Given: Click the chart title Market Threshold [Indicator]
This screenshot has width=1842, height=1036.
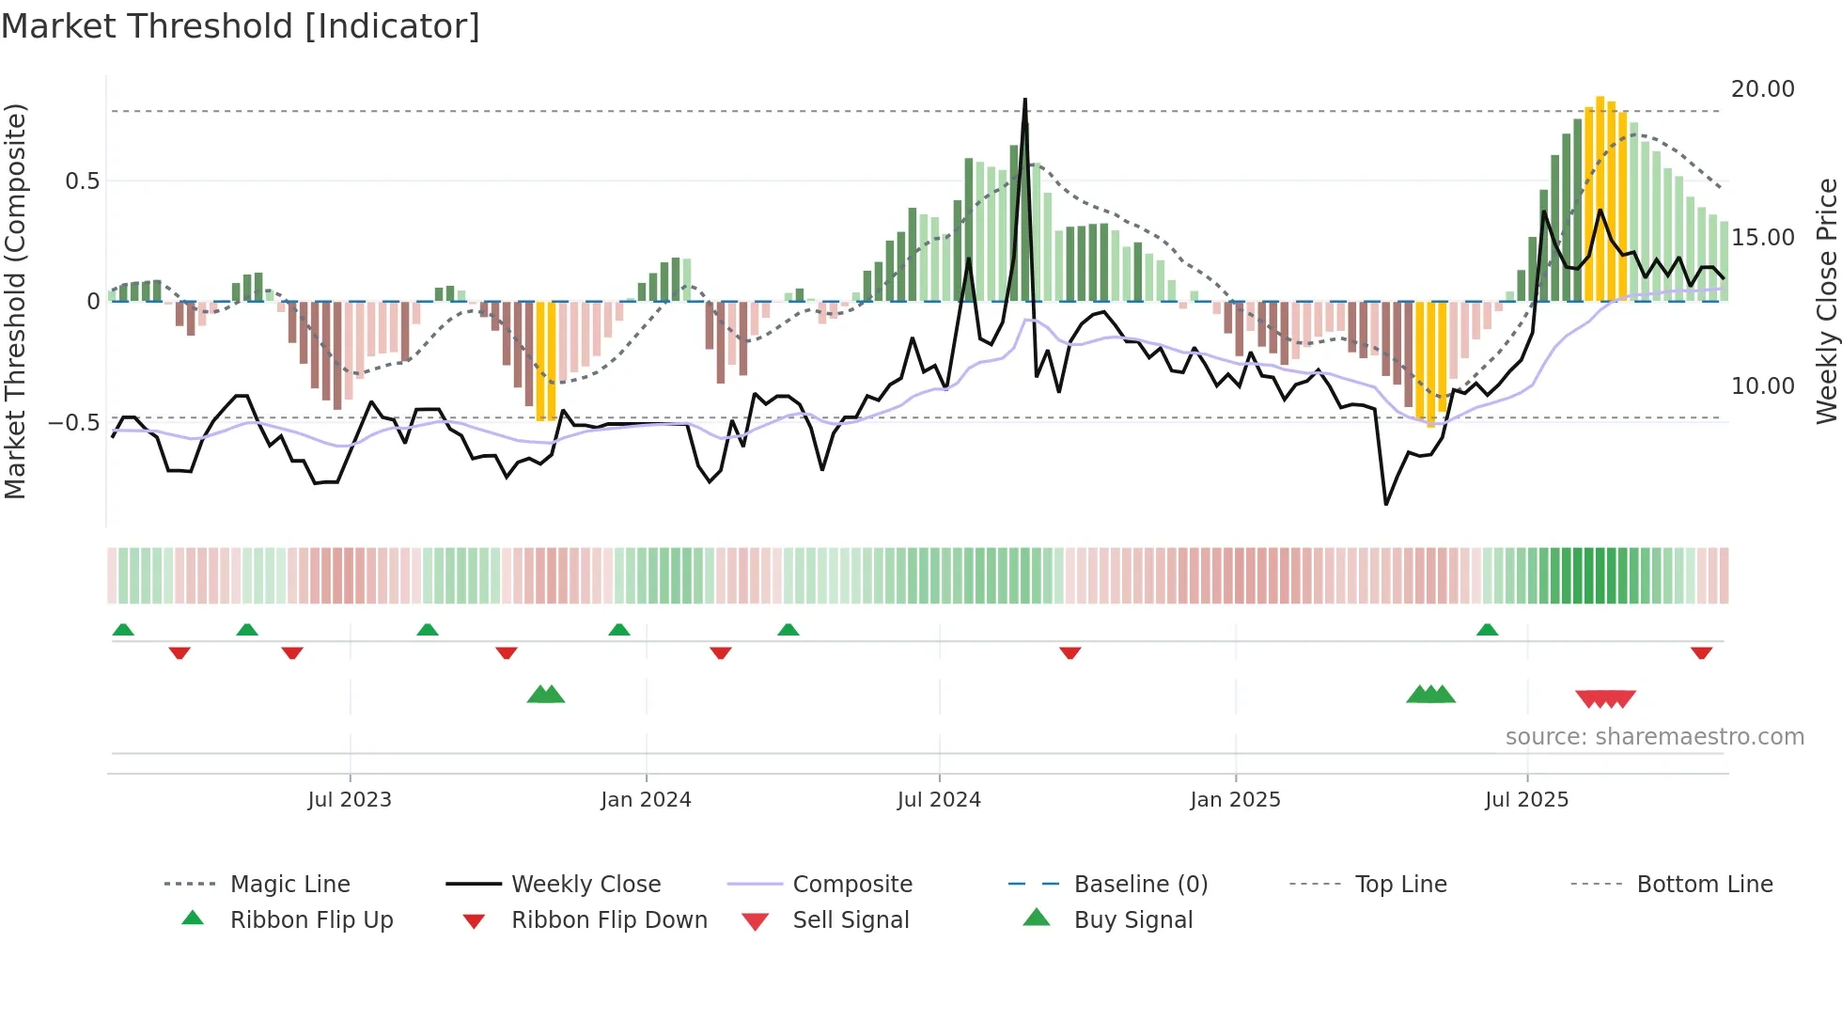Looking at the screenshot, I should (241, 26).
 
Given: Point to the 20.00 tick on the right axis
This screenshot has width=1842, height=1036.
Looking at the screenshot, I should (1762, 89).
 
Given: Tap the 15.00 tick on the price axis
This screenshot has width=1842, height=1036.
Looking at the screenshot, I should (1762, 238).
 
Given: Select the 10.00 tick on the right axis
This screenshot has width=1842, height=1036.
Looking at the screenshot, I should (1762, 386).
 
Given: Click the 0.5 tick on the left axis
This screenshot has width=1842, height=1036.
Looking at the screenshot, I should (82, 181).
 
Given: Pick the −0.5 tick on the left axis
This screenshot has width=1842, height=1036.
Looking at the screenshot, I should (73, 423).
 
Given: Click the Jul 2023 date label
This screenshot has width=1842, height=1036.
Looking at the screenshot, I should (350, 800).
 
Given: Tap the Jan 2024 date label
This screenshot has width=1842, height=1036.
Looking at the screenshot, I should (646, 800).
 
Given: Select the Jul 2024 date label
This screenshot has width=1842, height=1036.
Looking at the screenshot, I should (939, 800).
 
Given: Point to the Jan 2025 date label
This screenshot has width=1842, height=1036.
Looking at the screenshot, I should (1235, 800).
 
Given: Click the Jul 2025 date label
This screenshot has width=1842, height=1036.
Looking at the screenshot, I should (1526, 800).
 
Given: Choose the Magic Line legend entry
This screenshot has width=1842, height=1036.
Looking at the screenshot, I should (289, 885).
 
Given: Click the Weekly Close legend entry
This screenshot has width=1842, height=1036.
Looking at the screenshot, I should (585, 885).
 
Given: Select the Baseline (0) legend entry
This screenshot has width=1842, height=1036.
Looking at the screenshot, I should (1140, 885).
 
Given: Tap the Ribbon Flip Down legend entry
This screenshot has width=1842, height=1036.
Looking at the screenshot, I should (609, 920).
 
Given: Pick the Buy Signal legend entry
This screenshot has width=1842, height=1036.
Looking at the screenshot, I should (1132, 920).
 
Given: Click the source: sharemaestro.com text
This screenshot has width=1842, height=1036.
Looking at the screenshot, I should (1654, 737).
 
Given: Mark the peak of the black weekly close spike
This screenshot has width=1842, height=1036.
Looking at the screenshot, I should (1024, 99).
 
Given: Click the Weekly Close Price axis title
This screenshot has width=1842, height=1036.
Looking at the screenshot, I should (1826, 301).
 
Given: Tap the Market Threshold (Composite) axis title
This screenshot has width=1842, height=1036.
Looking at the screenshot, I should (15, 301).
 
